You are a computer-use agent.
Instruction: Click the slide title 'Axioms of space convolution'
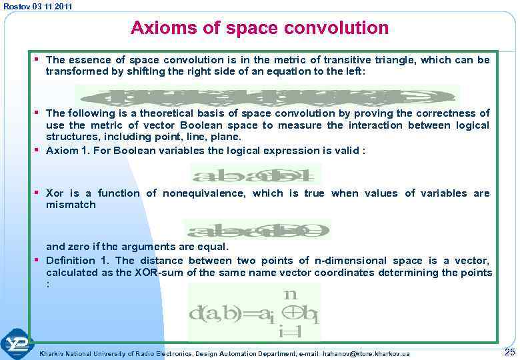click(259, 28)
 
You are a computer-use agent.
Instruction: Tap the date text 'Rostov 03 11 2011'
click(38, 6)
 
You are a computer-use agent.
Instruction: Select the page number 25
click(509, 351)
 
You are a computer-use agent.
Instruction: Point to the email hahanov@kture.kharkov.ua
click(366, 353)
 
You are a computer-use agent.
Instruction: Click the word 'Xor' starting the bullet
click(55, 193)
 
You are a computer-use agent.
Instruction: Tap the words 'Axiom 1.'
click(66, 151)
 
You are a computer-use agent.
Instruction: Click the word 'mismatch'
click(71, 205)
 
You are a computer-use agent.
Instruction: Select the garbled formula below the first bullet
click(267, 96)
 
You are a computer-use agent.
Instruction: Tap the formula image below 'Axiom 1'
click(255, 175)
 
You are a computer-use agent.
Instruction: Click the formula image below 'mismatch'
click(257, 230)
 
